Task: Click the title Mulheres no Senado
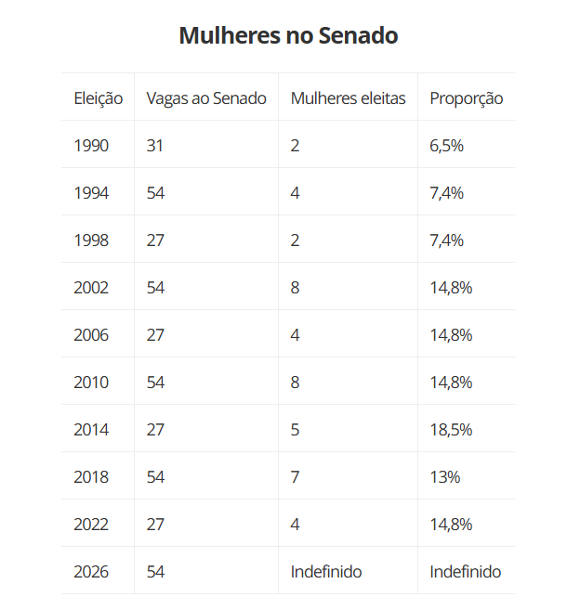[288, 35]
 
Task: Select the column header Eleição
[99, 98]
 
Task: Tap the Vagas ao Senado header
[206, 98]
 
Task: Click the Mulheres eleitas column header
[349, 98]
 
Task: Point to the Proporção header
[466, 98]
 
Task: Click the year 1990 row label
[91, 146]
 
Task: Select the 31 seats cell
[154, 146]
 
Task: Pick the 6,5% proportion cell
[447, 146]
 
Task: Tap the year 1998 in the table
[91, 240]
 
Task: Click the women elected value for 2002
[296, 288]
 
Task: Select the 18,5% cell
[451, 430]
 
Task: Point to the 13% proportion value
[445, 477]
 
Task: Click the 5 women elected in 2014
[296, 430]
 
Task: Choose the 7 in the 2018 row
[296, 477]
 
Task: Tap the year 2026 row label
[91, 572]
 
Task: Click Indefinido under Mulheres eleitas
[326, 572]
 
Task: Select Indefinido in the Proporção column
[466, 572]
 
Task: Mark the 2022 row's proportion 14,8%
[451, 525]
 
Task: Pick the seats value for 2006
[155, 335]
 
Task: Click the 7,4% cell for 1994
[447, 193]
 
